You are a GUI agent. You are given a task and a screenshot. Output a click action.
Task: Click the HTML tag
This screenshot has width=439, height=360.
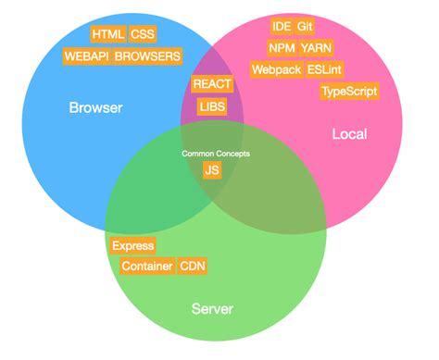108,34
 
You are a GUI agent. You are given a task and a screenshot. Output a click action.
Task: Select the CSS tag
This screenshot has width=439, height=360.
143,34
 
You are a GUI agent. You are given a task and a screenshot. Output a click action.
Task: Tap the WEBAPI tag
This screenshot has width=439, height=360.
86,56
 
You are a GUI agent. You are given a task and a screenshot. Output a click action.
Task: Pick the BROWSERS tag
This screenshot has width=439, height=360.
148,56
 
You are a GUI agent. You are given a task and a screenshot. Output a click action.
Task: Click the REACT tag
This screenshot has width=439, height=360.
212,84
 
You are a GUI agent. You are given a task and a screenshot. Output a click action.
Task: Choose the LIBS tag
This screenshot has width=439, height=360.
211,106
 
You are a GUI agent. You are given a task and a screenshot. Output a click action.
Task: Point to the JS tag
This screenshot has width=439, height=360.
212,170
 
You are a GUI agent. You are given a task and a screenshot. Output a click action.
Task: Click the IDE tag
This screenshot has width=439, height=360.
282,25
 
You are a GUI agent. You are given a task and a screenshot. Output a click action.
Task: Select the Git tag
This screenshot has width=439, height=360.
307,25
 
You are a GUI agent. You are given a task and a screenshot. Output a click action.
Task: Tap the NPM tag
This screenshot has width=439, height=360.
282,47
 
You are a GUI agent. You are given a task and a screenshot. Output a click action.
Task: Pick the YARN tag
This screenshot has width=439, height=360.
317,47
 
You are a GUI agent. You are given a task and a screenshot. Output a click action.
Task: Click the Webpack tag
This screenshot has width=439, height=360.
275,69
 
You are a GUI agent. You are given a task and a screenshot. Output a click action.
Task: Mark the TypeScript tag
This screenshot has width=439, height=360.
349,92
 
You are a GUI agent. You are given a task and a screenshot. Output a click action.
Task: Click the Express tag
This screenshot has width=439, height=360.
132,246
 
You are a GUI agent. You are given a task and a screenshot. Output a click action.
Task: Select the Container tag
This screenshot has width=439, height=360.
146,267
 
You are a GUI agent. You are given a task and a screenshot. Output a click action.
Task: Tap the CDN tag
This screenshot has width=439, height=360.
193,267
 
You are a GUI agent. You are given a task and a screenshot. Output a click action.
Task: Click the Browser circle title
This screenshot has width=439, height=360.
95,108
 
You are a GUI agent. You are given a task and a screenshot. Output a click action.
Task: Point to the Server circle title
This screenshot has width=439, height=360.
212,308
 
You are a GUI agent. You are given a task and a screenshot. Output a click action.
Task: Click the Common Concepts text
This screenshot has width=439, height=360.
216,153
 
